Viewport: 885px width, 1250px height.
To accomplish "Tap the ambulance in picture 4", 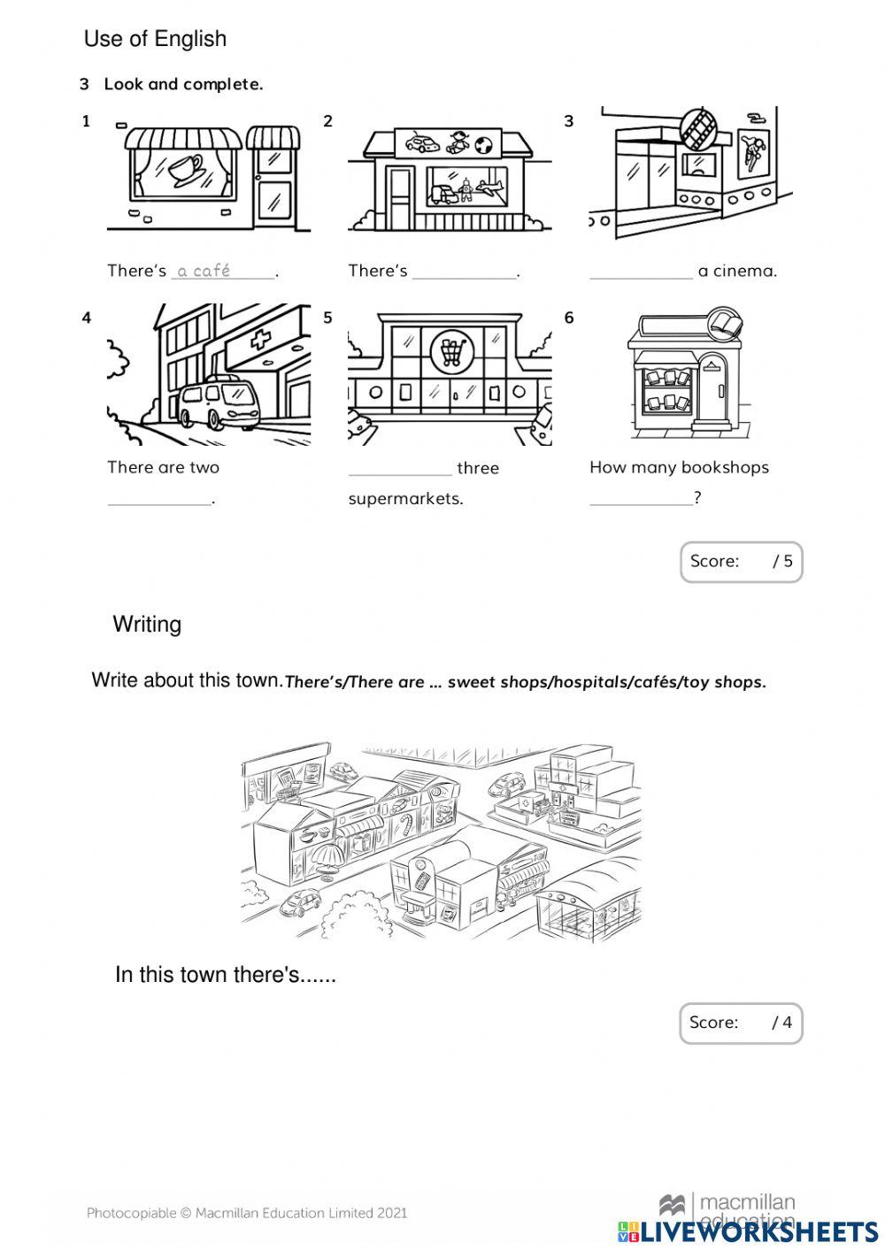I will click(x=218, y=406).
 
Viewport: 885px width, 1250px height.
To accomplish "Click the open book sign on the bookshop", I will click(x=724, y=323).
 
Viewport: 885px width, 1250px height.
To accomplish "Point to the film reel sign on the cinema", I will click(x=699, y=127).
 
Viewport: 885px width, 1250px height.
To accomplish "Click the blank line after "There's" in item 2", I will click(x=465, y=272).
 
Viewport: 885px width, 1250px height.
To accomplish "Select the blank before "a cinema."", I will click(x=641, y=272).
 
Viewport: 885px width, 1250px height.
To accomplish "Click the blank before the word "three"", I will click(x=400, y=469).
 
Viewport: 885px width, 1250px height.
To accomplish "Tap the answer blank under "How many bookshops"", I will click(x=641, y=499).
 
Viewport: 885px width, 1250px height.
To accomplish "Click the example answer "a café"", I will click(x=204, y=271).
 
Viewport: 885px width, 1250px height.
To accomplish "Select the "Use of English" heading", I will click(x=155, y=39).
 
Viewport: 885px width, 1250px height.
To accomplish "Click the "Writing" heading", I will click(x=147, y=625).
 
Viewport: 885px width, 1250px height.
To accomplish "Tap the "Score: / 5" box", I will click(x=741, y=562).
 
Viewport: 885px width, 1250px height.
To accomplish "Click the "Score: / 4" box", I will click(x=741, y=1024).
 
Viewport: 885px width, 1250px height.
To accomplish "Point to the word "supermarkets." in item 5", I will click(x=406, y=499).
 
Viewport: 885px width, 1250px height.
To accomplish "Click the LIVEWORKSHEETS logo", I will click(x=748, y=1231).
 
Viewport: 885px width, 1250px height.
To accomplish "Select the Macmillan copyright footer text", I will click(x=247, y=1213).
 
